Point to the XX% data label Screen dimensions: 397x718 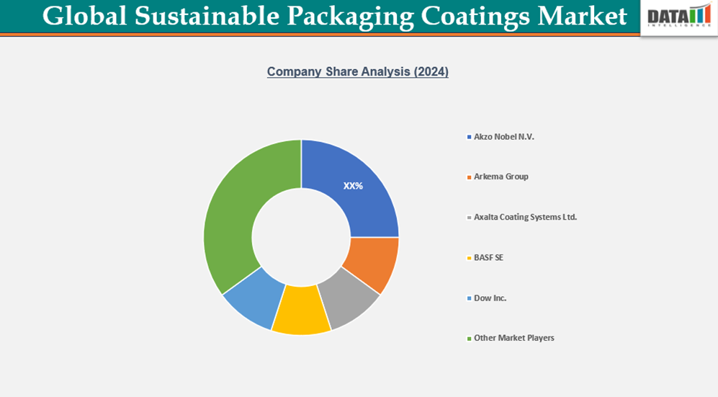[353, 186]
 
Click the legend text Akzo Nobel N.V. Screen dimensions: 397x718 [504, 136]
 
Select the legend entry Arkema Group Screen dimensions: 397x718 [501, 177]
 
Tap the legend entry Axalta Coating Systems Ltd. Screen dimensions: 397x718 [525, 217]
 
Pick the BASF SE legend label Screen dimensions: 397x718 [488, 257]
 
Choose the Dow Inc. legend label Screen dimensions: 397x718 [490, 298]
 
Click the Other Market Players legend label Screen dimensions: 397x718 [513, 338]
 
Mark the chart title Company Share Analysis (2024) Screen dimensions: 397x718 [358, 72]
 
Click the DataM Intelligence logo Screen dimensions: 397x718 [678, 17]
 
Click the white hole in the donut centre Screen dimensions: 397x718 [301, 237]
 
